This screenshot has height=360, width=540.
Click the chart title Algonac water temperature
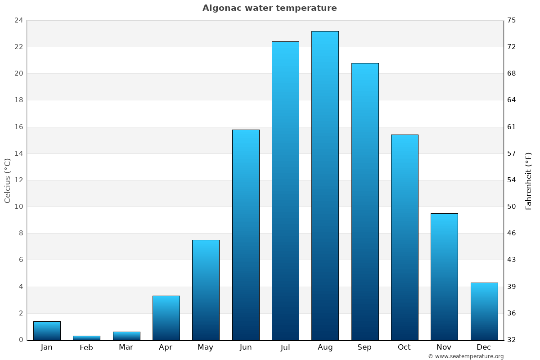270,8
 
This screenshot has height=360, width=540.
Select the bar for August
325,185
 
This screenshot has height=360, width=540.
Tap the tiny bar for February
86,337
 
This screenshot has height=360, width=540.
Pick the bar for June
246,234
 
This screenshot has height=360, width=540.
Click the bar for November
444,276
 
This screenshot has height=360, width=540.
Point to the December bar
484,311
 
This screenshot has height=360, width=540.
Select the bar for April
166,318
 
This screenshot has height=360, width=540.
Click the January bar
47,330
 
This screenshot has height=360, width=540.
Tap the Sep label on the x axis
364,347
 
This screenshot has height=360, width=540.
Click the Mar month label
126,347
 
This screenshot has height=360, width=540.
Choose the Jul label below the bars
285,347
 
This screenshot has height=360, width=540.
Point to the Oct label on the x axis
404,347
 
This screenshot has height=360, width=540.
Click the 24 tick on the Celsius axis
18,20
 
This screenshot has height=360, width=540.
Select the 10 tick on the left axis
18,207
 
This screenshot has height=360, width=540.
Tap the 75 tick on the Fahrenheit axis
512,20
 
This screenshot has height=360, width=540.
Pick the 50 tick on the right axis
512,207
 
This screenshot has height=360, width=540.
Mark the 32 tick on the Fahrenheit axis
512,340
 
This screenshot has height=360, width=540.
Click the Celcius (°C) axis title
8,180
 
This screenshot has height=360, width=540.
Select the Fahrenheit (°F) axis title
529,180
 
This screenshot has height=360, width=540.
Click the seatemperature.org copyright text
466,356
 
